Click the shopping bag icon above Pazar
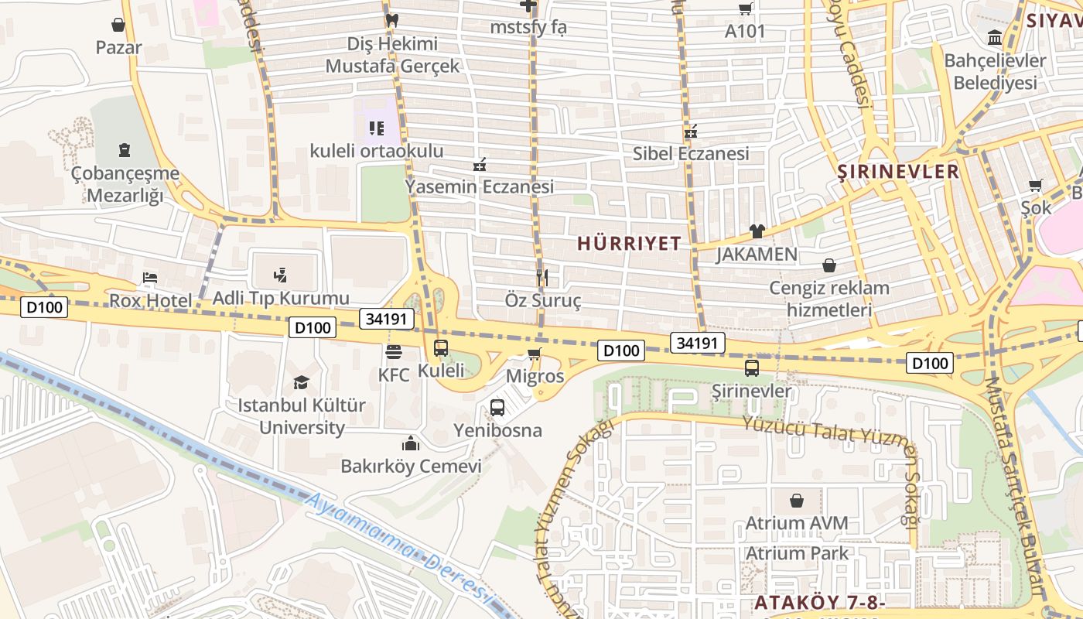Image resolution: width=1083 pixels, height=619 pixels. pyautogui.click(x=118, y=25)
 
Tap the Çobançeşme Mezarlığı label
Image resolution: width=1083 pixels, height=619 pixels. pyautogui.click(x=125, y=184)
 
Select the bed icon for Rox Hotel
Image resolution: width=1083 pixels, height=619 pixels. pyautogui.click(x=150, y=278)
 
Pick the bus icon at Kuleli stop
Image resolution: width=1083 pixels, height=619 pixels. pyautogui.click(x=441, y=348)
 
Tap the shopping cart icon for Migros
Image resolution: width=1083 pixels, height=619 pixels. pyautogui.click(x=534, y=354)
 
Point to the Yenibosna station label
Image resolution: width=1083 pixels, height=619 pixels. pyautogui.click(x=497, y=430)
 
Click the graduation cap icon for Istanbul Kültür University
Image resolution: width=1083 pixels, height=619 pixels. pyautogui.click(x=301, y=382)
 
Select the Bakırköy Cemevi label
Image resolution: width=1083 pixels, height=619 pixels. pyautogui.click(x=411, y=467)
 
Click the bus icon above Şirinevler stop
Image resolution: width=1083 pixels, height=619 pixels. pyautogui.click(x=751, y=368)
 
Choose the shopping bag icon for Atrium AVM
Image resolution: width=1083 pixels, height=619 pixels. pyautogui.click(x=797, y=501)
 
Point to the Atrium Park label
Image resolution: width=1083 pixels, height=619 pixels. pyautogui.click(x=797, y=553)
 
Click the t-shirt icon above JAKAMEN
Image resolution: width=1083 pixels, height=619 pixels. pyautogui.click(x=757, y=231)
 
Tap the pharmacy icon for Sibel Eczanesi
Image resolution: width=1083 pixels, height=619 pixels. pyautogui.click(x=691, y=132)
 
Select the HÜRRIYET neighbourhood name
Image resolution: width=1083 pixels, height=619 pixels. pyautogui.click(x=629, y=244)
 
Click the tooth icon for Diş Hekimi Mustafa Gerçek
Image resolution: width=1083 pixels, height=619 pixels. pyautogui.click(x=391, y=20)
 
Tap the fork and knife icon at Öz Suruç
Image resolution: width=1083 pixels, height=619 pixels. pyautogui.click(x=542, y=277)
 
